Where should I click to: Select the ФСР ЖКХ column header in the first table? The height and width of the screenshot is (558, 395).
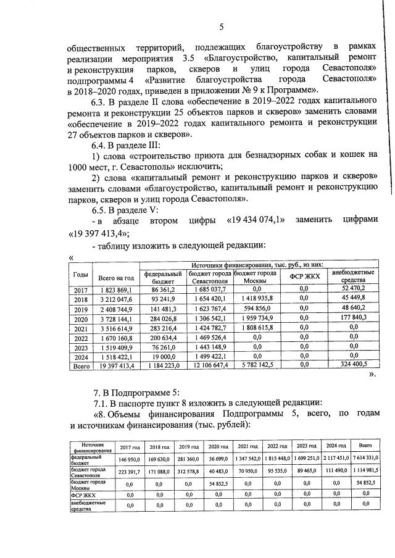tap(304, 276)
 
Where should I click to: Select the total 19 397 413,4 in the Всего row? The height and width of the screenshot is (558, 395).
tap(116, 366)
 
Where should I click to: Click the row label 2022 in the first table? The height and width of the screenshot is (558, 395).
tap(80, 338)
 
